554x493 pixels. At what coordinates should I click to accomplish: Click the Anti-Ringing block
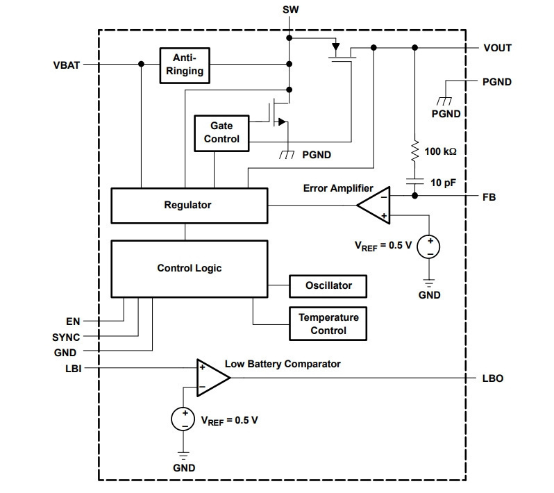coord(185,65)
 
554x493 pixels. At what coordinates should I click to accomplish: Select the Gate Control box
coord(221,133)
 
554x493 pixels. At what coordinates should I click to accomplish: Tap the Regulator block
coord(189,206)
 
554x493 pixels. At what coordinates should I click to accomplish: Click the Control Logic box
coord(189,269)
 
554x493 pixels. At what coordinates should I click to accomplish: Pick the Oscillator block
coord(328,286)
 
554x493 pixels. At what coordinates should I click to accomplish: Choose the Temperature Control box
coord(328,324)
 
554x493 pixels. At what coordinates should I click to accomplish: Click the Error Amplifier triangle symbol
coord(373,206)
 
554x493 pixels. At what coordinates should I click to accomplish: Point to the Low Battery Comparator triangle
coord(213,378)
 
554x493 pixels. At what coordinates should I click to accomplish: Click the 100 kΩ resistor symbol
coord(415,151)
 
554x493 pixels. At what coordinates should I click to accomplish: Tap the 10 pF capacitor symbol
coord(415,181)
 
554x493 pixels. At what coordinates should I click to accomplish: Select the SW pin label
coord(290,10)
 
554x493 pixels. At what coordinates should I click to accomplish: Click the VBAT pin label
coord(67,65)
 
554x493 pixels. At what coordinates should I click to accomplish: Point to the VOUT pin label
coord(498,48)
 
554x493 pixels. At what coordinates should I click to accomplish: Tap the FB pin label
coord(489,197)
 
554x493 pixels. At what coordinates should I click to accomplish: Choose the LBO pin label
coord(492,378)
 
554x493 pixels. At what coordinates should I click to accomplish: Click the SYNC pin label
coord(66,337)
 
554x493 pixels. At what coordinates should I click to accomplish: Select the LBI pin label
coord(74,369)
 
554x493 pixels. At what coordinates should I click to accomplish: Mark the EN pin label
coord(73,321)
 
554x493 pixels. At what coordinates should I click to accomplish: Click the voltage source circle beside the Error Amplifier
coord(428,246)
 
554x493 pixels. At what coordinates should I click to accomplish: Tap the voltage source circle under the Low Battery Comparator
coord(183,419)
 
